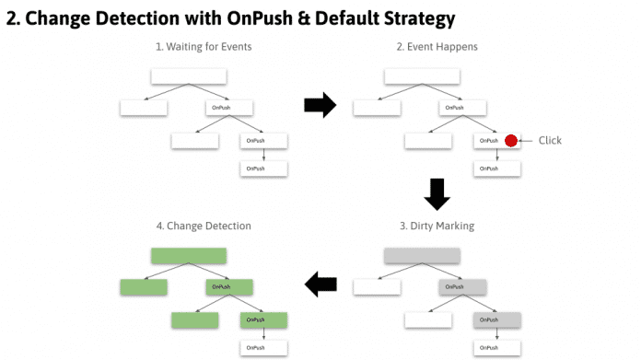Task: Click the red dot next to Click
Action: pyautogui.click(x=511, y=141)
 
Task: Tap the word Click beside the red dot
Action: pyautogui.click(x=549, y=141)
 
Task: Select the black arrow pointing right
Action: pyautogui.click(x=320, y=106)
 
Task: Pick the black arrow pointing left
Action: pyautogui.click(x=320, y=285)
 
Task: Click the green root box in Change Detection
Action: pyautogui.click(x=189, y=256)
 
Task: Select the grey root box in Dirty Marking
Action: pyautogui.click(x=422, y=256)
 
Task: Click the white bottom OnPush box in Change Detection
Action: pyautogui.click(x=264, y=348)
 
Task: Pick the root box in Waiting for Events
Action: pyautogui.click(x=189, y=76)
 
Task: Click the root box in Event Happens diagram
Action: pyautogui.click(x=422, y=76)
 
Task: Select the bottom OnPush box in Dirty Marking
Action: pyautogui.click(x=497, y=348)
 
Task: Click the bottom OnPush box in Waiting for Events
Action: pyautogui.click(x=264, y=168)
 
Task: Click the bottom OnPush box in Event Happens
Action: pyautogui.click(x=497, y=168)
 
